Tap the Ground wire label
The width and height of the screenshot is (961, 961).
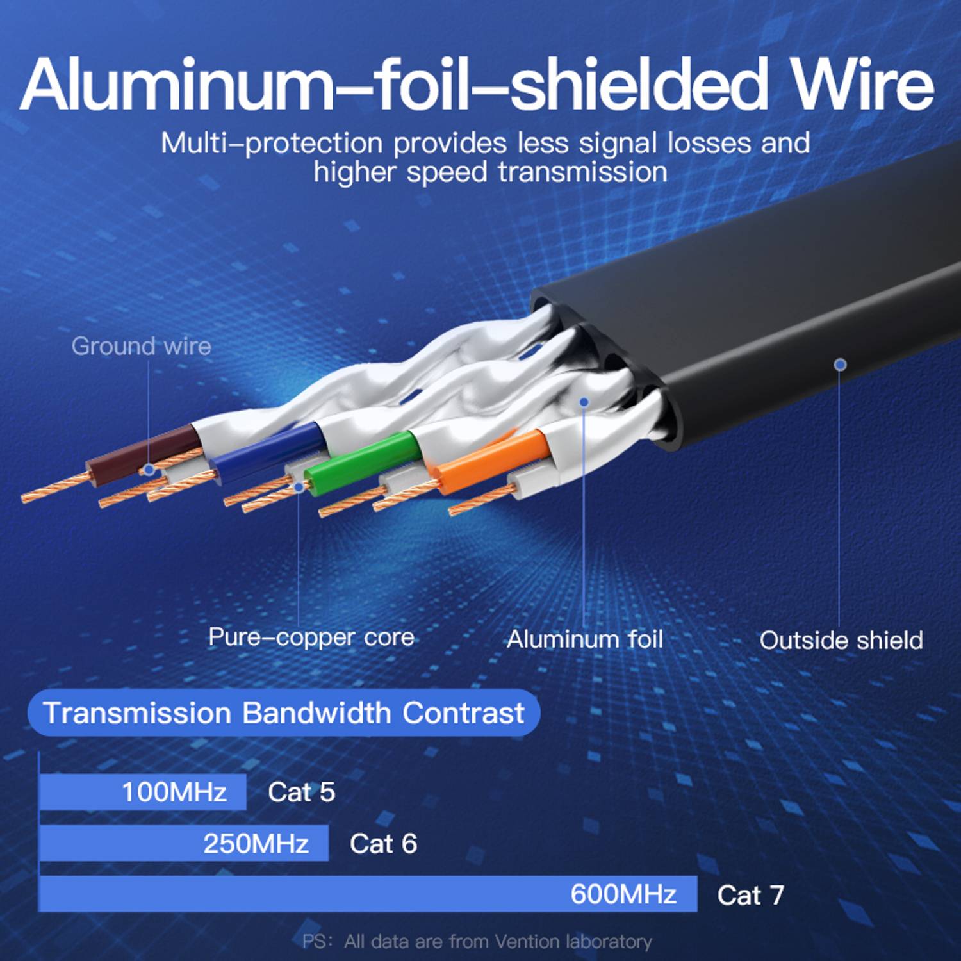pyautogui.click(x=141, y=346)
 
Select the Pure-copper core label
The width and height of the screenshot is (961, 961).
pyautogui.click(x=311, y=637)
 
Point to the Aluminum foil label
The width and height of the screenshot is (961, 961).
pyautogui.click(x=584, y=639)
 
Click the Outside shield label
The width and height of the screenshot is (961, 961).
pyautogui.click(x=841, y=640)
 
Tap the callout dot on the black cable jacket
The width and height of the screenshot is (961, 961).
pyautogui.click(x=840, y=365)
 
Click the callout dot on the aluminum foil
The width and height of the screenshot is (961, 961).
pyautogui.click(x=584, y=402)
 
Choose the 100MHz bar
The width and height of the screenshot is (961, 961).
pyautogui.click(x=142, y=792)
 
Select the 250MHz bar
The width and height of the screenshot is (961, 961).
pyautogui.click(x=184, y=843)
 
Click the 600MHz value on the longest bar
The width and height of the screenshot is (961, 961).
pyautogui.click(x=623, y=894)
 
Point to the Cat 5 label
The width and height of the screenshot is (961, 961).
pyautogui.click(x=301, y=792)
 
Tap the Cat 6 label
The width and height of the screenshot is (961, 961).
pyautogui.click(x=383, y=843)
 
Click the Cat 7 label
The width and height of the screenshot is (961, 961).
pyautogui.click(x=750, y=895)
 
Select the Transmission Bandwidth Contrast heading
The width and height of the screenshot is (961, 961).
pyautogui.click(x=283, y=712)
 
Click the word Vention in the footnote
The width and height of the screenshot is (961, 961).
pyautogui.click(x=527, y=941)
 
